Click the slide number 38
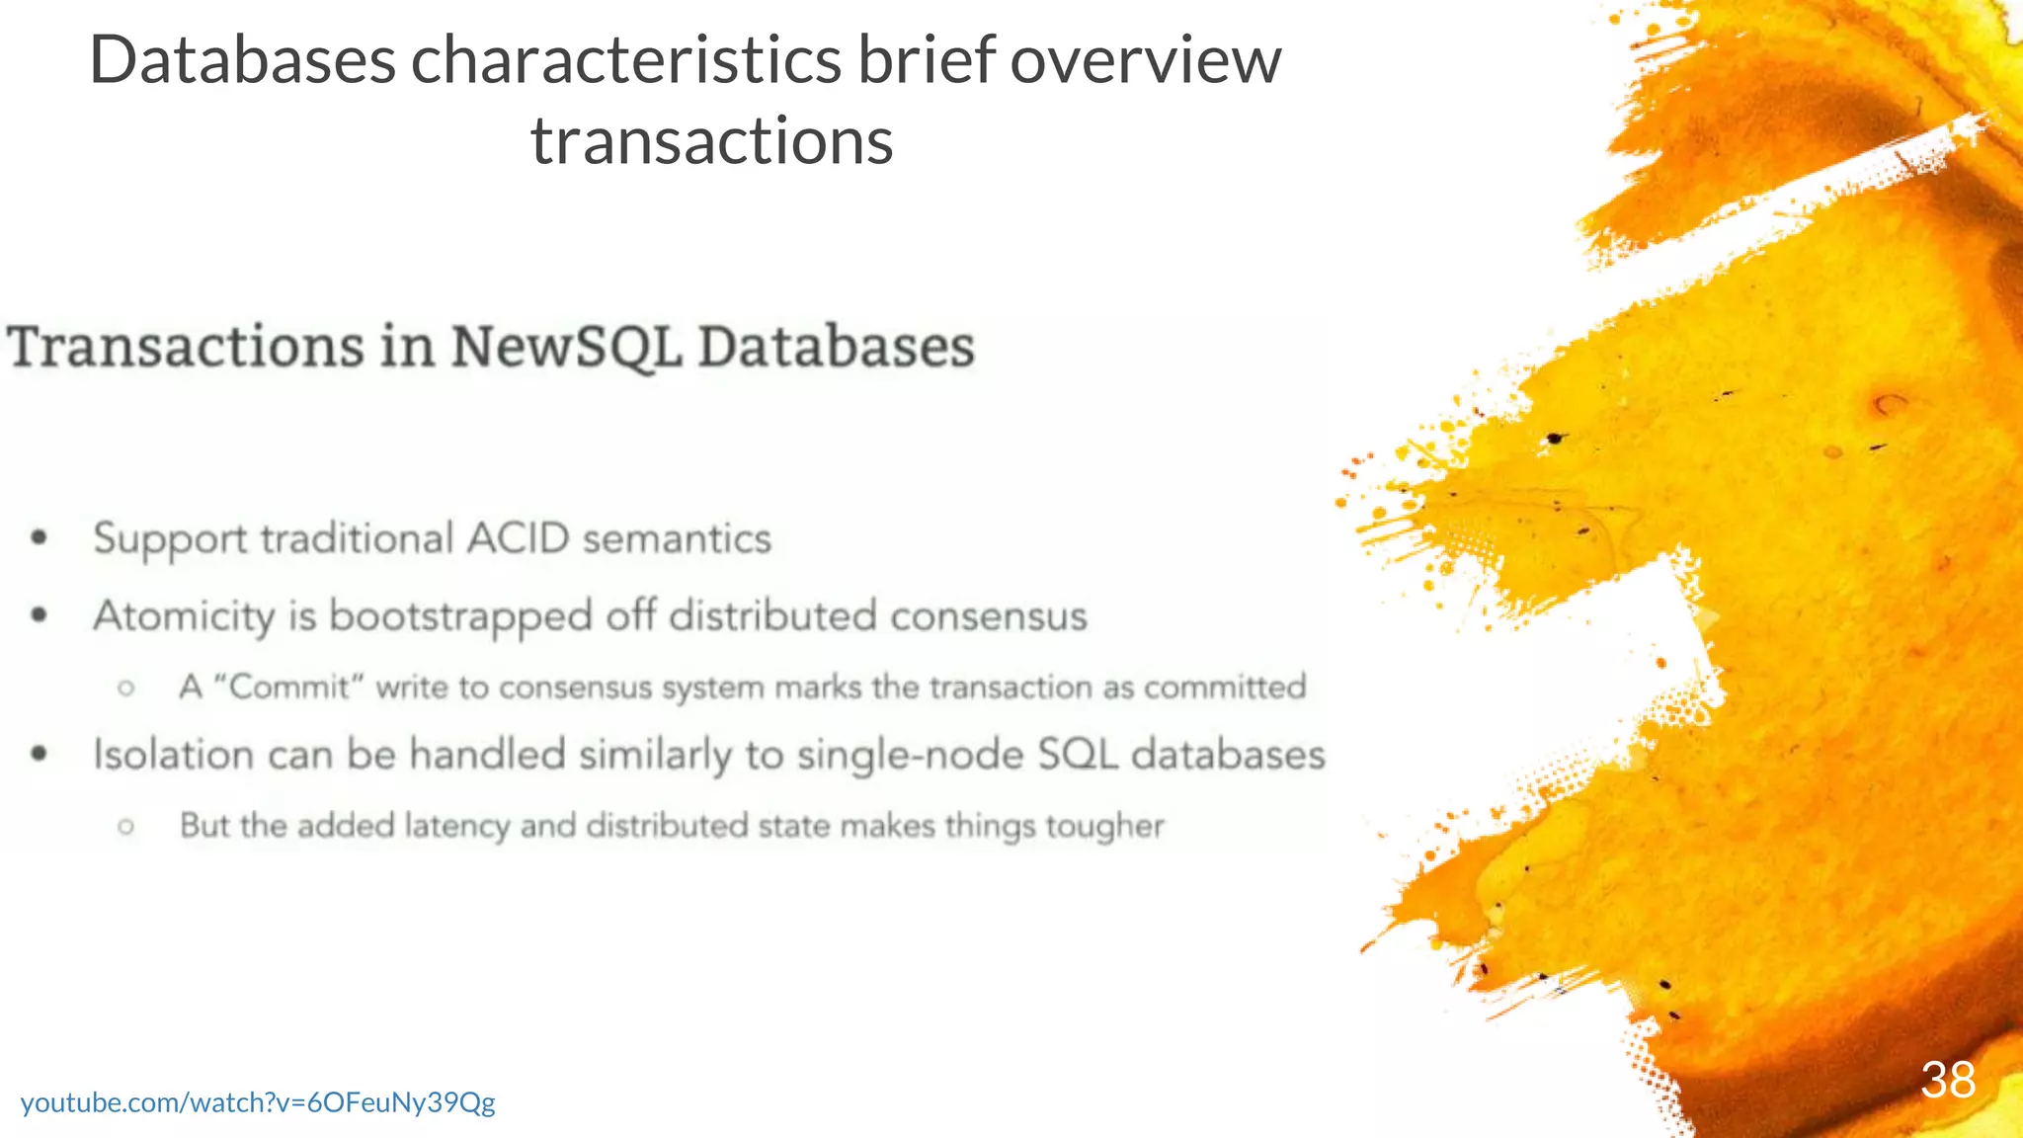click(1947, 1080)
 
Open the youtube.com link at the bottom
click(258, 1102)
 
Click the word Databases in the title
click(242, 60)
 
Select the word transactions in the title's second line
click(711, 141)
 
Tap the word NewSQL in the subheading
click(566, 348)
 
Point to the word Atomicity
click(184, 616)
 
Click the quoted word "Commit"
click(288, 687)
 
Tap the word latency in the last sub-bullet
click(457, 826)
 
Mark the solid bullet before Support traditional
click(40, 538)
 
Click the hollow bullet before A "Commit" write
click(125, 688)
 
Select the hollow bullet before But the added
click(125, 826)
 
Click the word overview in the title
click(1145, 60)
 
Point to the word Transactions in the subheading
click(186, 348)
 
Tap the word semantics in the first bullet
click(677, 539)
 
